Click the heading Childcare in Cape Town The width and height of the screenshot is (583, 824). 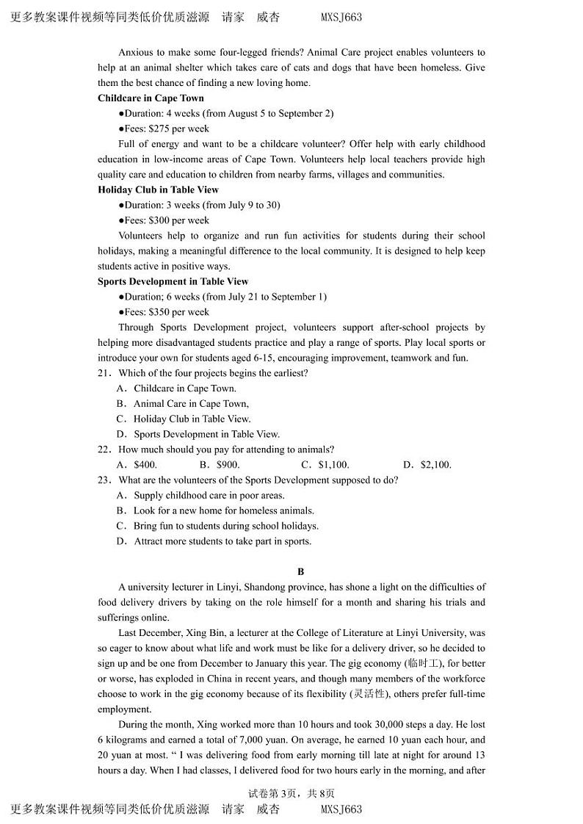pyautogui.click(x=151, y=98)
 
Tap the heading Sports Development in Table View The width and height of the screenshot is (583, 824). pyautogui.click(x=173, y=282)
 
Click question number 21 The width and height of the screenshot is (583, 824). pyautogui.click(x=104, y=373)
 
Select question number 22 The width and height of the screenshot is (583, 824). pyautogui.click(x=104, y=449)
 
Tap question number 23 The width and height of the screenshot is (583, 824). pyautogui.click(x=104, y=480)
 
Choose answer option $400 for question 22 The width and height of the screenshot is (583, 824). pyautogui.click(x=145, y=465)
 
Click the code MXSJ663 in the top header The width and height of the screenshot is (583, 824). pyautogui.click(x=341, y=18)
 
